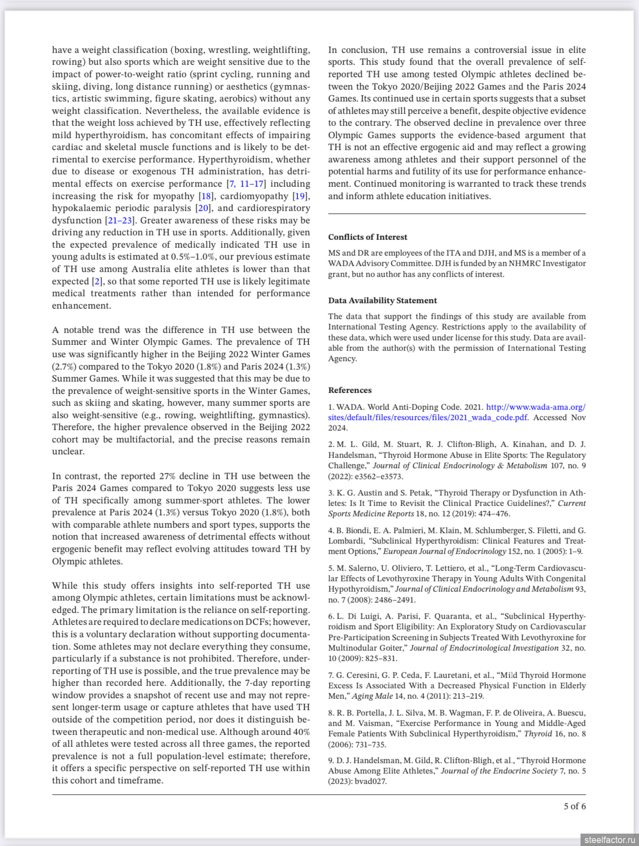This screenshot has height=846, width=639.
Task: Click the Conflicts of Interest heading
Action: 368,237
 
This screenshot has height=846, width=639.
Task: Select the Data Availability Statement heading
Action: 382,300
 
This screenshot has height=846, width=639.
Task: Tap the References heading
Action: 350,390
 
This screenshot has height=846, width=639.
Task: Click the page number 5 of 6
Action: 575,806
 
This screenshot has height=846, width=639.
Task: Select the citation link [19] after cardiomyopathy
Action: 300,196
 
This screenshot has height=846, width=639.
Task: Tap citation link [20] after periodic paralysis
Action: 203,208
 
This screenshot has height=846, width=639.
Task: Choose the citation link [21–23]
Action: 120,221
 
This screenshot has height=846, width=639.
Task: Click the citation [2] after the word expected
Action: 98,282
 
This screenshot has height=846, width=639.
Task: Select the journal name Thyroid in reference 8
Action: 538,734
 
